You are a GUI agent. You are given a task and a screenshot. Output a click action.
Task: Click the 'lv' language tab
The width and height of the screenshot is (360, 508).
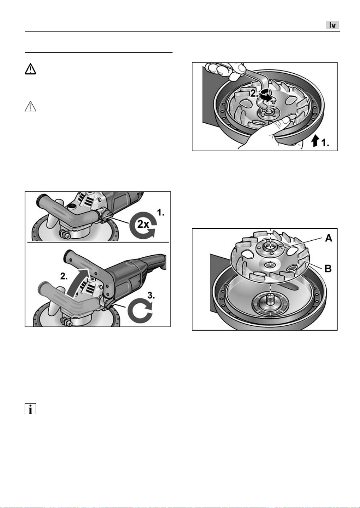333,25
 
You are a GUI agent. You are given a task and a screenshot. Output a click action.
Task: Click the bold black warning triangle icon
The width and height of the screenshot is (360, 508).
30,69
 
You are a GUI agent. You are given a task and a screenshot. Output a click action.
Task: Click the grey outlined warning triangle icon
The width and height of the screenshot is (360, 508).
30,107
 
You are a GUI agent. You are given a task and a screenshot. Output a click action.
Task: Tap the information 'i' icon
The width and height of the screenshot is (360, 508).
30,409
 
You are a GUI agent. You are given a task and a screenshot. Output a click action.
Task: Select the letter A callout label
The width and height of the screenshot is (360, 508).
328,238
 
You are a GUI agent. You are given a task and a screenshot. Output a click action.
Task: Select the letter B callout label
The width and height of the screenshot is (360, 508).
328,269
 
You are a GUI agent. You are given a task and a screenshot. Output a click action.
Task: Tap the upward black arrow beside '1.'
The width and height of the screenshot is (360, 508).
315,141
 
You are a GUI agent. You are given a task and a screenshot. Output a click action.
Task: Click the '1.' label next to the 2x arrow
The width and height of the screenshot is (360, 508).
161,212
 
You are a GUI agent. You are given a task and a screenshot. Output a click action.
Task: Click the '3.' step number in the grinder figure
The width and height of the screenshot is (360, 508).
151,295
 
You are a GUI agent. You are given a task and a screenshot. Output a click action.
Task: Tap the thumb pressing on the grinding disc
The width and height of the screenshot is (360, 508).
283,121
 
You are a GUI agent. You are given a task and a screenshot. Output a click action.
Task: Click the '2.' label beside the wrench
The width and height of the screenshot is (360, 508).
254,93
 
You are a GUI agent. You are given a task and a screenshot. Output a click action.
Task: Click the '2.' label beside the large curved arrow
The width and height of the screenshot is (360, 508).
64,276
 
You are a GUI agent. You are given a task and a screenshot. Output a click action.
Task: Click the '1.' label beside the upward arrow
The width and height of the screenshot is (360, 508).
325,143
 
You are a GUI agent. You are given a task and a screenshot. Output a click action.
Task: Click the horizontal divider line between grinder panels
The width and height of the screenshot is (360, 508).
98,242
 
